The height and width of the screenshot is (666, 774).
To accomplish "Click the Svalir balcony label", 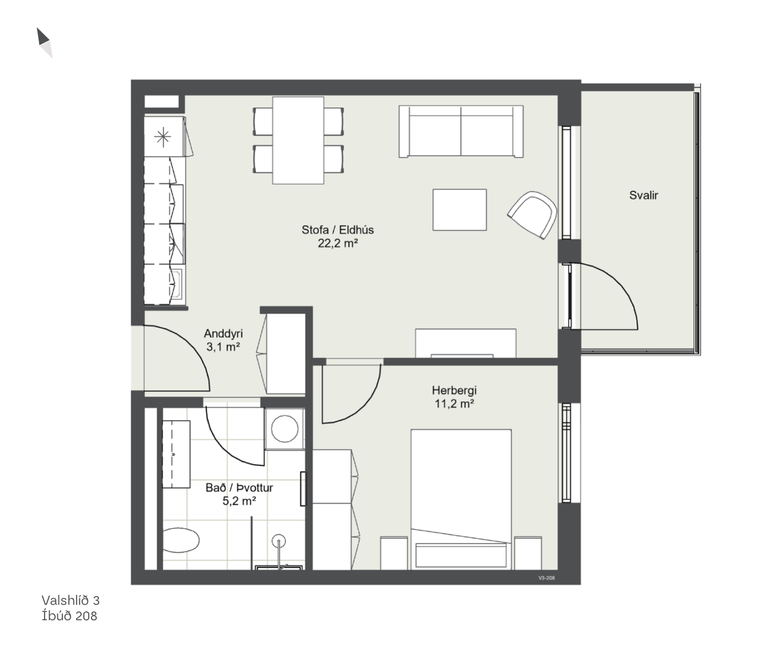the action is [x=643, y=195].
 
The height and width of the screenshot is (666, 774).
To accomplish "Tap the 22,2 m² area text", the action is [x=338, y=243].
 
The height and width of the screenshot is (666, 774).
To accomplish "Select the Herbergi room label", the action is [x=454, y=390].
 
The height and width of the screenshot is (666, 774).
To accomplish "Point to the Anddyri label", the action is [x=223, y=334].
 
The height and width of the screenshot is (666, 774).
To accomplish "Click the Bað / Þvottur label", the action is [x=239, y=487].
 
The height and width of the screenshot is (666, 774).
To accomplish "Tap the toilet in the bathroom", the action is [x=181, y=540].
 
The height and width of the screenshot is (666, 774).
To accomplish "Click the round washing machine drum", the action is [x=284, y=429].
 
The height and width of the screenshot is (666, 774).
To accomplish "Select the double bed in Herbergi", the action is [x=461, y=499].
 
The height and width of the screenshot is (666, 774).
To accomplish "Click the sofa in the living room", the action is [x=461, y=131].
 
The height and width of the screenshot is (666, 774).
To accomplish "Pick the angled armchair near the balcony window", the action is [x=533, y=214].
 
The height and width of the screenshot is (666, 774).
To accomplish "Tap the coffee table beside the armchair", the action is [x=459, y=210].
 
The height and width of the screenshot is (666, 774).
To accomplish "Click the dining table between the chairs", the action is [x=298, y=141].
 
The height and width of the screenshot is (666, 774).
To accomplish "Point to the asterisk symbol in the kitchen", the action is [x=163, y=137].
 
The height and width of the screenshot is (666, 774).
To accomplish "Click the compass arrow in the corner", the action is [x=44, y=42].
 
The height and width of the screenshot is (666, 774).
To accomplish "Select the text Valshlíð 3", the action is [x=71, y=600].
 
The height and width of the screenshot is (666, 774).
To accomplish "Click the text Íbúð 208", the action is [x=69, y=616].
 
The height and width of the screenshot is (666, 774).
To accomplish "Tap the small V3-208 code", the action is [x=546, y=578].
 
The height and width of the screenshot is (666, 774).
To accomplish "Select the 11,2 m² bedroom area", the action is [x=454, y=404].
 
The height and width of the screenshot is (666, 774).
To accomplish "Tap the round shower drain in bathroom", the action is [x=278, y=540].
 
